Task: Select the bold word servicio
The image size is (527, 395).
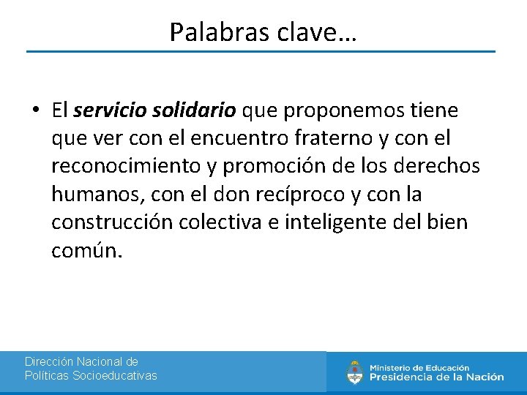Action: click(109, 110)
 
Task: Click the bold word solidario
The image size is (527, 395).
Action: click(194, 110)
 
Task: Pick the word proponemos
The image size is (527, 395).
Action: click(339, 110)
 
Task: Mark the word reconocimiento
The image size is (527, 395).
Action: click(124, 167)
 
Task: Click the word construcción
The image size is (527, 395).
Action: click(111, 222)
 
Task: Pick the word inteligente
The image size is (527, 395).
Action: click(321, 222)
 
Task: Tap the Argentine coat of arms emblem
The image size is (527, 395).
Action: click(355, 372)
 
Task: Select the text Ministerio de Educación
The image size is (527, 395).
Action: click(419, 367)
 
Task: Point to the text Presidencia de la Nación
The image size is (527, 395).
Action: click(436, 377)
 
